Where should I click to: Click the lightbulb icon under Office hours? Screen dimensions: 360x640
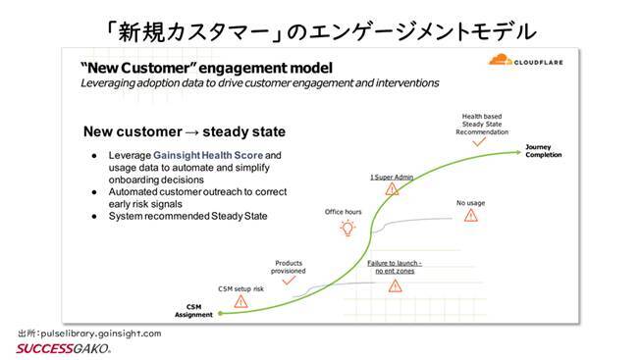click(x=346, y=228)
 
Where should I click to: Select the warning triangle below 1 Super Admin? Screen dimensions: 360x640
click(x=391, y=188)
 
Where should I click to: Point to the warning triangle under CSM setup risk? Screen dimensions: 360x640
click(x=240, y=302)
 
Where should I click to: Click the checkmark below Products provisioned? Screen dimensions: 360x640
click(x=289, y=280)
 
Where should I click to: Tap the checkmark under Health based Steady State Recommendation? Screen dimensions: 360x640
click(x=478, y=142)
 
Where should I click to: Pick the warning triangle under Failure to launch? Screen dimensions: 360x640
click(x=395, y=285)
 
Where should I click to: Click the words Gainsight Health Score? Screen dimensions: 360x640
click(x=202, y=155)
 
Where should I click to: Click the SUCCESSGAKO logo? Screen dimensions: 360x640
click(x=63, y=348)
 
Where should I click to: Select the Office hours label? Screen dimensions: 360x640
click(x=344, y=211)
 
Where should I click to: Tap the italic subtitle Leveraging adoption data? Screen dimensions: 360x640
click(x=259, y=82)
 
